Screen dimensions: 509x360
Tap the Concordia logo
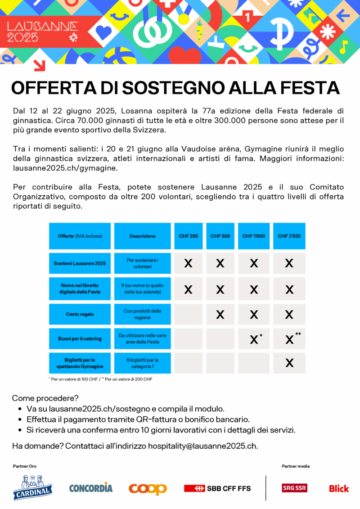pyautogui.click(x=91, y=487)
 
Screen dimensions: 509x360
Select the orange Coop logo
pyautogui.click(x=148, y=488)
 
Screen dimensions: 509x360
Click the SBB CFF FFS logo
pyautogui.click(x=217, y=488)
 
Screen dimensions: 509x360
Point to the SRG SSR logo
pyautogui.click(x=294, y=488)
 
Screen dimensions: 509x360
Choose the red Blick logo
pyautogui.click(x=339, y=488)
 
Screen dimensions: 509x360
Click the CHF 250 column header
pyautogui.click(x=188, y=236)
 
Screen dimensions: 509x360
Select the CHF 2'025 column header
pyautogui.click(x=289, y=236)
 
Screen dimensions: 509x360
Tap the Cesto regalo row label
pyautogui.click(x=80, y=314)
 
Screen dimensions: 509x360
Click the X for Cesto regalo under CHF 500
pyautogui.click(x=220, y=315)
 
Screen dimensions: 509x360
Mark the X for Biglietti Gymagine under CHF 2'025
pyautogui.click(x=289, y=363)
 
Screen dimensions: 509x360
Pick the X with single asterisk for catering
pyautogui.click(x=254, y=340)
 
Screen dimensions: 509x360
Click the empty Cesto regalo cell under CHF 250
pyautogui.click(x=188, y=315)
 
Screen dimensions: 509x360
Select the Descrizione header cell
pyautogui.click(x=142, y=236)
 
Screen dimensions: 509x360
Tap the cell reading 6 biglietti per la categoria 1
pyautogui.click(x=142, y=363)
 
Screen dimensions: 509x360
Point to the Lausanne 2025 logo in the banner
pyautogui.click(x=43, y=32)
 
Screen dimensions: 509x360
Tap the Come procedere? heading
pyautogui.click(x=45, y=398)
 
